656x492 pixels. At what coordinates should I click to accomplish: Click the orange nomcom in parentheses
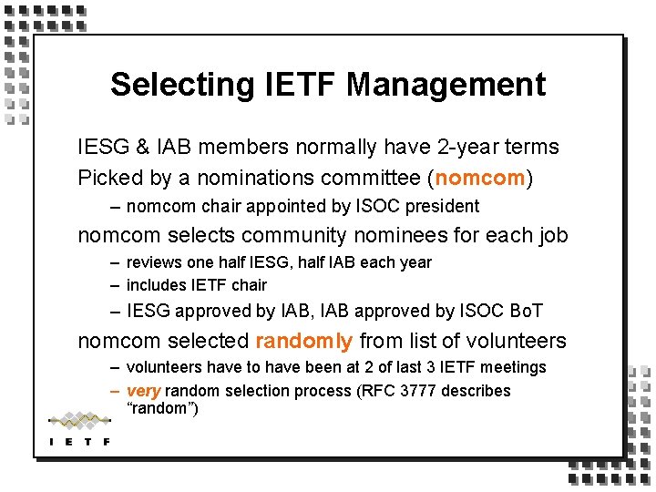tap(481, 178)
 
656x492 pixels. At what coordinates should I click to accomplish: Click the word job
tap(550, 236)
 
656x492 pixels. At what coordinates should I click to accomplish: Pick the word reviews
tap(154, 262)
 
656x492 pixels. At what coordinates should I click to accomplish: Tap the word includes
tap(156, 285)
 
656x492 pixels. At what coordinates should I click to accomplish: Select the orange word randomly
tap(303, 342)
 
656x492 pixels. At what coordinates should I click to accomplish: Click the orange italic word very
tap(143, 391)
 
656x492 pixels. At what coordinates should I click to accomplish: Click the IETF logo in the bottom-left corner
tap(79, 428)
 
